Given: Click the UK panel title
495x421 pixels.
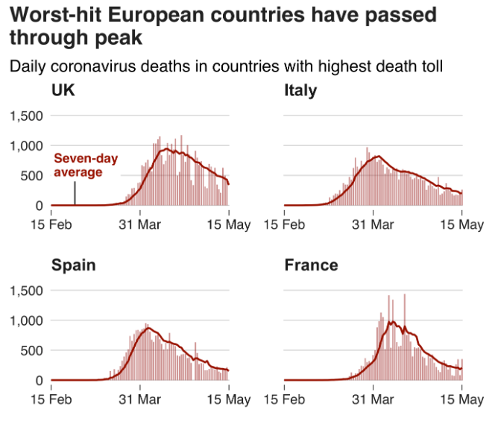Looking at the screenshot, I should [63, 91].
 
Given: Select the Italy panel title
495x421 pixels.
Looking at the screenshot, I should [300, 91].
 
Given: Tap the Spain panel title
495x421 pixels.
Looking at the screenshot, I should [73, 266].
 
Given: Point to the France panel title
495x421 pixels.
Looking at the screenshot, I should [311, 265].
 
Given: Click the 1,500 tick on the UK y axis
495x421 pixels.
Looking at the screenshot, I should [26, 115].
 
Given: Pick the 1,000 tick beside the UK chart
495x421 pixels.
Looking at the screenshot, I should [26, 146].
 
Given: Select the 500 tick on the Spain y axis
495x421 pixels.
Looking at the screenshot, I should [33, 350].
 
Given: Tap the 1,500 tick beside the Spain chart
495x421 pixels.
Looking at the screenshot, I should [26, 291].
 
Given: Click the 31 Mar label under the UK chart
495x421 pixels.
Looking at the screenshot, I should [139, 224].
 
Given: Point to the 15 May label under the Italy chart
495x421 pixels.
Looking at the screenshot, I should [461, 224].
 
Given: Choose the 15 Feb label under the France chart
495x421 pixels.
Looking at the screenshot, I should [285, 399].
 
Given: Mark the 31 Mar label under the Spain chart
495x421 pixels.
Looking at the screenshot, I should [139, 399].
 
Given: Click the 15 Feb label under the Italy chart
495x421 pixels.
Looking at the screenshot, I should [285, 224].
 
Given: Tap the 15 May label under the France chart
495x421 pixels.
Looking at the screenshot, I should [461, 399].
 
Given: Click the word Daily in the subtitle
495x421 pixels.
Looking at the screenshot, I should [28, 67].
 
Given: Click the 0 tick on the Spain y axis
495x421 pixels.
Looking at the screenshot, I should [40, 381].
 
